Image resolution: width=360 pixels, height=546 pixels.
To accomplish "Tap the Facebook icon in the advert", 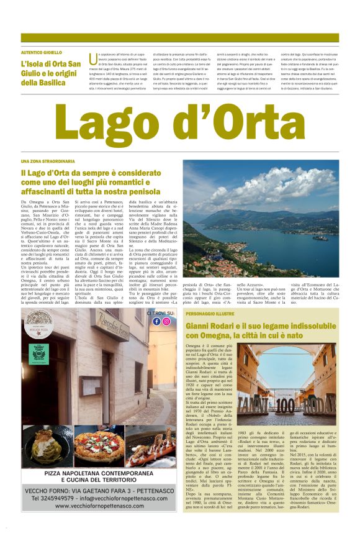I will (x=156, y=321).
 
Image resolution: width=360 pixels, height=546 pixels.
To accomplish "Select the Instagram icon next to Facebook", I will (x=166, y=321).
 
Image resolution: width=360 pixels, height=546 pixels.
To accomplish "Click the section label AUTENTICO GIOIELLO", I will (x=42, y=53).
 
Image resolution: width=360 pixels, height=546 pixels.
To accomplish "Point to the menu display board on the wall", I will (x=90, y=386).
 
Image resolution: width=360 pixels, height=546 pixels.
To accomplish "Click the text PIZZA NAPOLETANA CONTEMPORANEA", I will (x=99, y=473).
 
